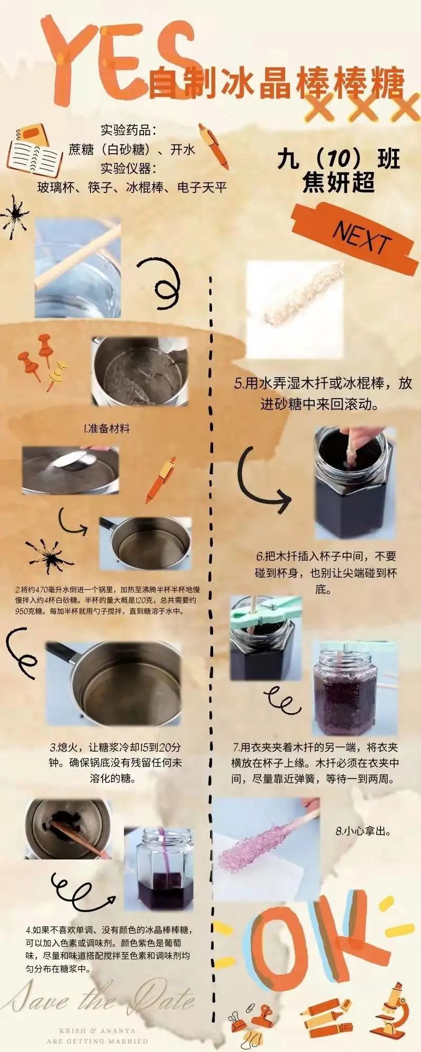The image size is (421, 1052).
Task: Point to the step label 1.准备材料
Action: [106, 428]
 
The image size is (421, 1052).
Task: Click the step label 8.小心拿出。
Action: [363, 832]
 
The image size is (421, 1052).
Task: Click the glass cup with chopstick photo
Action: [77, 268]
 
